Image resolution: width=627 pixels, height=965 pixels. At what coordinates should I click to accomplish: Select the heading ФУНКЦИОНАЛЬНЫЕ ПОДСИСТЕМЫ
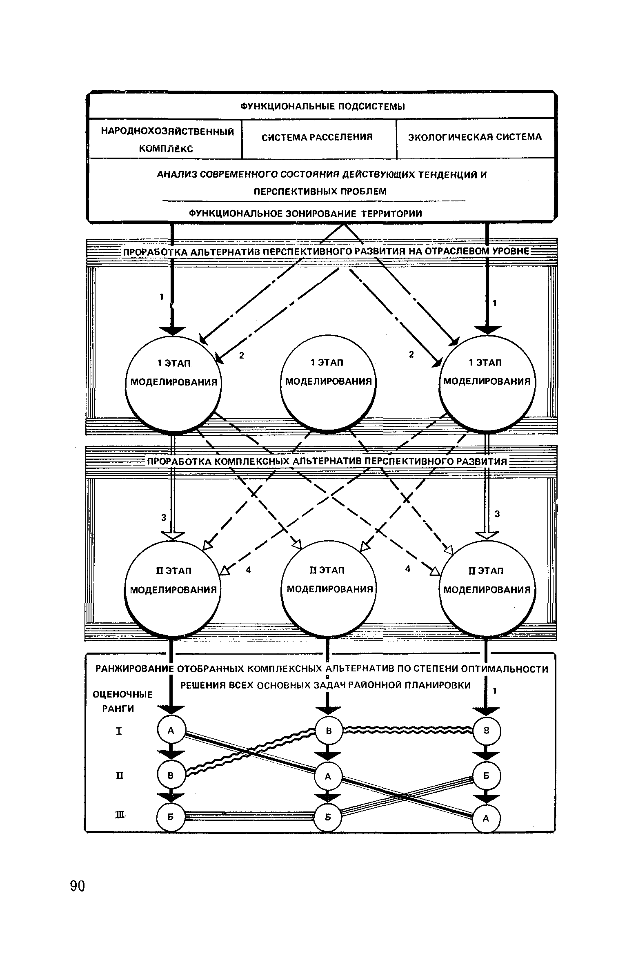click(x=322, y=107)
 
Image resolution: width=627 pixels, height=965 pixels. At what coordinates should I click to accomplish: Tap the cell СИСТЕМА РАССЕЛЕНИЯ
click(x=317, y=137)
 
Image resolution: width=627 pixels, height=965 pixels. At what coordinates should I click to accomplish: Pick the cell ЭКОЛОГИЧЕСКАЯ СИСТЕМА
click(x=475, y=137)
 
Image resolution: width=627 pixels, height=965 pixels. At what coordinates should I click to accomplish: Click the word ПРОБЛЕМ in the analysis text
click(x=365, y=191)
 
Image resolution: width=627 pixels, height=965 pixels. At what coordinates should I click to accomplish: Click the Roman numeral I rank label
click(x=119, y=731)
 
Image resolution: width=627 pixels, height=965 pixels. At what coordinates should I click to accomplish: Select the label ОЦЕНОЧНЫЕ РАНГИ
click(x=122, y=701)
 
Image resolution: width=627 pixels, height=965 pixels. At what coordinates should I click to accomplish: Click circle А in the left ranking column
click(x=171, y=730)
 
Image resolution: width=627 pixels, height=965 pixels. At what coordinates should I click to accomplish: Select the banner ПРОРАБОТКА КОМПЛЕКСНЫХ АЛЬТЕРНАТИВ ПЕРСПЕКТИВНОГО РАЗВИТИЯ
click(x=327, y=461)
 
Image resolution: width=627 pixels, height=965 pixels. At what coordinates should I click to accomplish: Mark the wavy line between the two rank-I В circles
click(x=408, y=729)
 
